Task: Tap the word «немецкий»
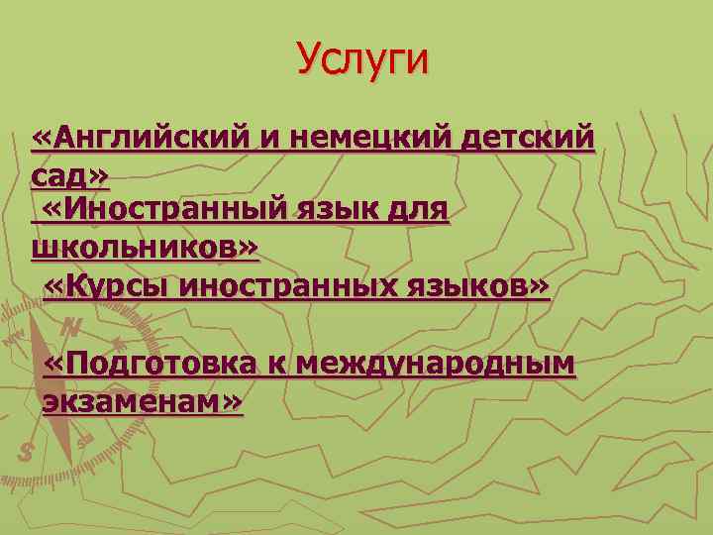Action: [x=370, y=140]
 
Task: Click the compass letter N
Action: [x=71, y=327]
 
